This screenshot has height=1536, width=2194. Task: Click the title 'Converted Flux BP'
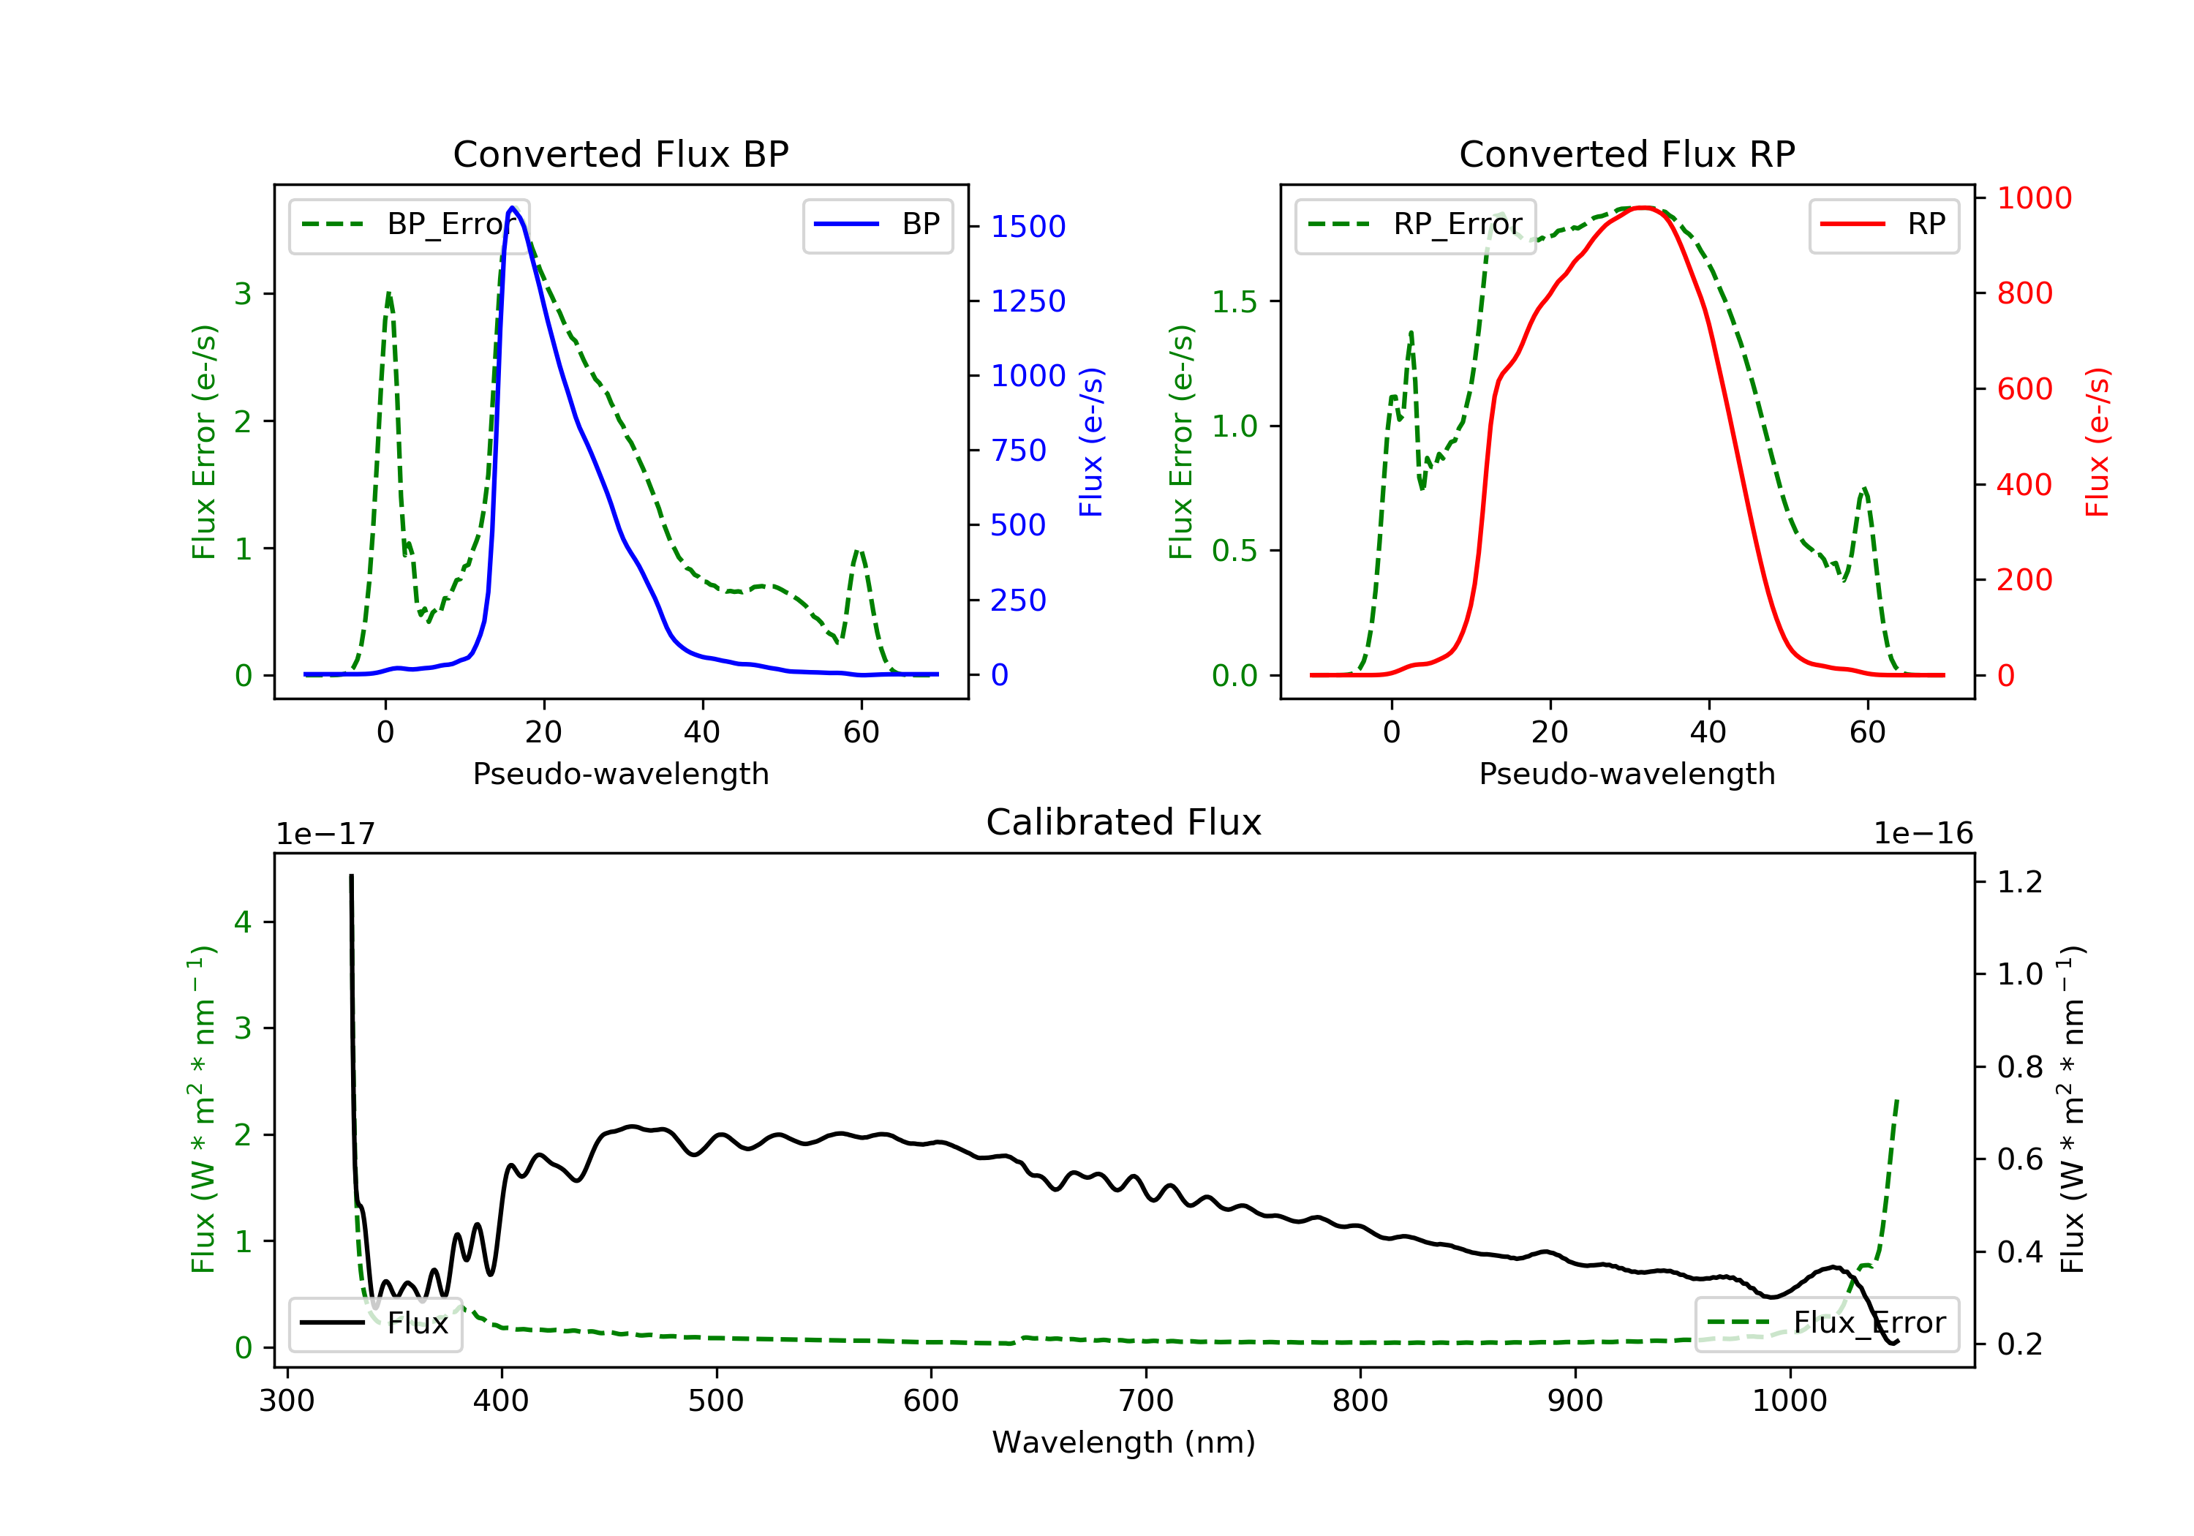tap(620, 154)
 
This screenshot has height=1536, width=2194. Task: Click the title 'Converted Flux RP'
tap(1626, 154)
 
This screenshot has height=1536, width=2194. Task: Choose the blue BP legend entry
tap(877, 225)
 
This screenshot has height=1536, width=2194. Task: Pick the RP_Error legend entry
tap(1415, 225)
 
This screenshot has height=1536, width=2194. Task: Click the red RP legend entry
tap(1883, 225)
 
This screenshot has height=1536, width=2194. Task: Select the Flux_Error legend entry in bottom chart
tap(1826, 1323)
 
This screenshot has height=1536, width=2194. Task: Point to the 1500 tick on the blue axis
tap(1028, 227)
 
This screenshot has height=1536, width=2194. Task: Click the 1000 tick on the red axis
tap(2033, 198)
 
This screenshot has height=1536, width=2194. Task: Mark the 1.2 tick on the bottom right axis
tap(2019, 881)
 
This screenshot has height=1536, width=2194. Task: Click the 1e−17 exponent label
tap(325, 835)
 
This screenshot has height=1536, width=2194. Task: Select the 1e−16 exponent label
tap(1923, 834)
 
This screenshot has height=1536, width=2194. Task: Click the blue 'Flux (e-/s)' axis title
tap(1090, 442)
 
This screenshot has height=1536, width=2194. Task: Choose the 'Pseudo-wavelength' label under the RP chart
tap(1626, 773)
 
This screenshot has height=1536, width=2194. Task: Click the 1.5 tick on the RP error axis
tap(1234, 302)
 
